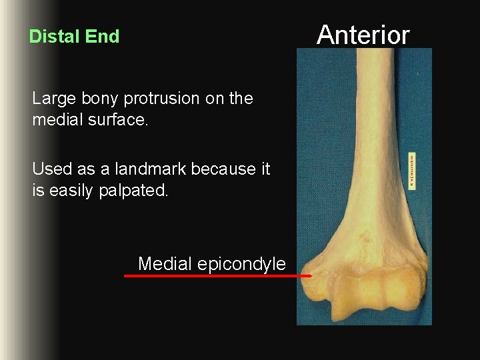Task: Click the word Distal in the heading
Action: tap(51, 37)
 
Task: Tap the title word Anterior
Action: tap(363, 34)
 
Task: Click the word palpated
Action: tap(138, 191)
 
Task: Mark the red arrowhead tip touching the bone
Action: tap(311, 275)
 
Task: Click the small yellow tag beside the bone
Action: tap(412, 169)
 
